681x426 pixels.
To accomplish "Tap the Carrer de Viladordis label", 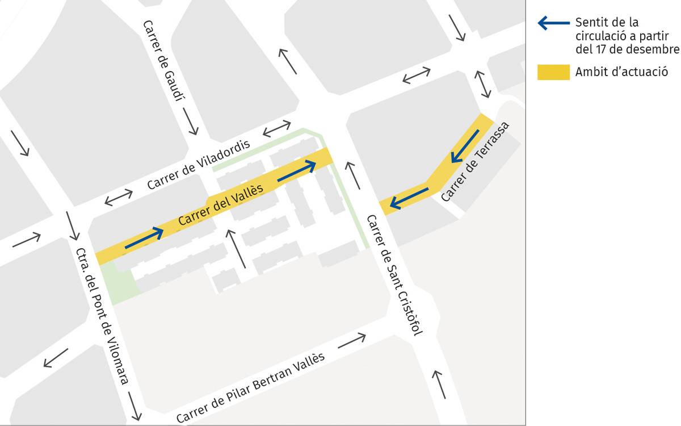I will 199,165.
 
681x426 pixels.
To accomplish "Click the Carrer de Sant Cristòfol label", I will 394,275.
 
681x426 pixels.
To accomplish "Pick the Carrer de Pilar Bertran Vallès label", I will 250,387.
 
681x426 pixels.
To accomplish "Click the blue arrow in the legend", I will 553,23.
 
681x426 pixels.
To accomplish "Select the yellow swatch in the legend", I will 553,72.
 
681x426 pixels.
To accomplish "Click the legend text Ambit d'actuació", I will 621,72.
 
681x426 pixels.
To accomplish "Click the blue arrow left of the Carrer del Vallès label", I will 144,238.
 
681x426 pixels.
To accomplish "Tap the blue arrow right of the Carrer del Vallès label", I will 296,171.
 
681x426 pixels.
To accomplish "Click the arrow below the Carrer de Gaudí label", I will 191,120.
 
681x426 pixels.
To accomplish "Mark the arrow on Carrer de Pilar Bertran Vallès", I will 351,341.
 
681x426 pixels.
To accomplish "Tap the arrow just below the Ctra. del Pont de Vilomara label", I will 134,407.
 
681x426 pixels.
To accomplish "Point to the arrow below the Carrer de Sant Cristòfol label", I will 439,384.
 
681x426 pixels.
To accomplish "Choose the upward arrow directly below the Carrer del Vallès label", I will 237,248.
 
